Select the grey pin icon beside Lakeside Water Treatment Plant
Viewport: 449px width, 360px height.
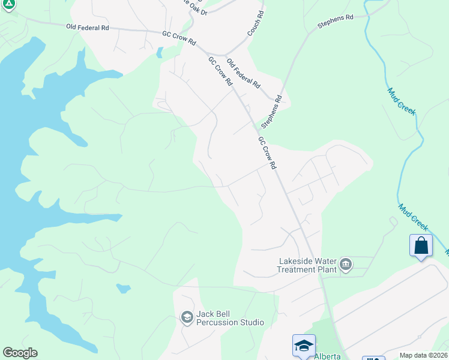[346, 264]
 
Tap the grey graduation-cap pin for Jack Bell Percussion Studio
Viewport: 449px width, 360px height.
[187, 317]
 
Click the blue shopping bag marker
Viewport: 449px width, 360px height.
[421, 245]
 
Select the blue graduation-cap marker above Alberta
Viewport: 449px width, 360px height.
[304, 345]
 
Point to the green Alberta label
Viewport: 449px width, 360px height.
[327, 356]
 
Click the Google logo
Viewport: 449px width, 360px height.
[20, 353]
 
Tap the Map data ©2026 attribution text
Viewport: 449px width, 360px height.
[423, 355]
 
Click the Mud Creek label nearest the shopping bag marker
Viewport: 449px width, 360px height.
[414, 217]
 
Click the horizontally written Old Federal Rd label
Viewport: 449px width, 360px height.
[88, 27]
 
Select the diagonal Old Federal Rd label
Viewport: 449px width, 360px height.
[243, 73]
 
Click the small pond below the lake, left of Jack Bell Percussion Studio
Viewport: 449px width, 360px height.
[123, 289]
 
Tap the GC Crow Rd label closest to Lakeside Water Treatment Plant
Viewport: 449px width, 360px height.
[267, 152]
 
